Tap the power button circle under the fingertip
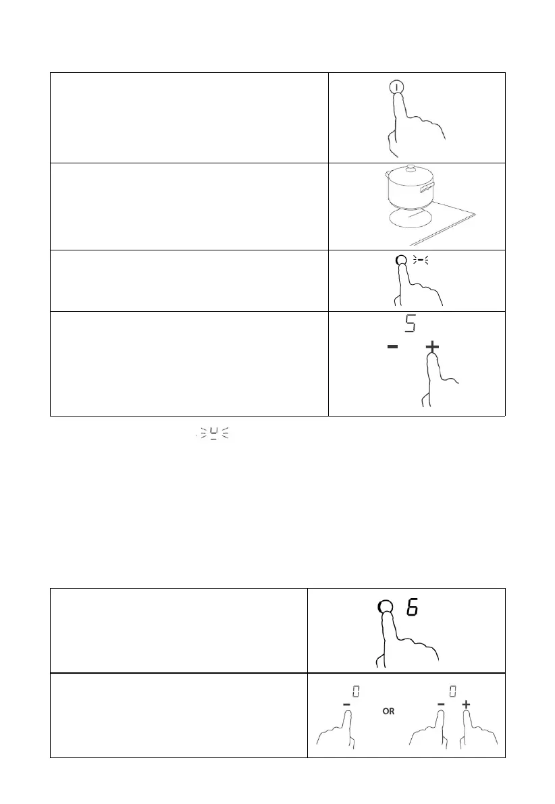coord(397,86)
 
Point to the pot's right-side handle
coord(426,192)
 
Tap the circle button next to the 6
coord(385,608)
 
